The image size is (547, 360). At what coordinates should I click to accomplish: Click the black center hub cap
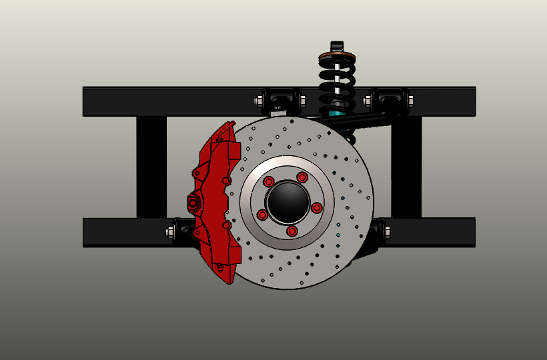pyautogui.click(x=288, y=201)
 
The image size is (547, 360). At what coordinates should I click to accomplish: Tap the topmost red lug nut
pyautogui.click(x=302, y=177)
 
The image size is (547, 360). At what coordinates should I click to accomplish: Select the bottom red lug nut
pyautogui.click(x=292, y=231)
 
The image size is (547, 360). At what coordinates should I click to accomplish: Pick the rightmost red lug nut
pyautogui.click(x=317, y=208)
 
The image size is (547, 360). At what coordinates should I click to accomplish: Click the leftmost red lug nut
pyautogui.click(x=262, y=215)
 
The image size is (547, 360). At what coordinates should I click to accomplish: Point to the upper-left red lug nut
pyautogui.click(x=269, y=182)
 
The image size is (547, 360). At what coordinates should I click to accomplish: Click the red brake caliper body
pyautogui.click(x=217, y=200)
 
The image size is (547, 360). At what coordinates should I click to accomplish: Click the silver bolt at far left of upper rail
pyautogui.click(x=259, y=101)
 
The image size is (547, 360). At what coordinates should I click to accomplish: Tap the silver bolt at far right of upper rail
pyautogui.click(x=409, y=101)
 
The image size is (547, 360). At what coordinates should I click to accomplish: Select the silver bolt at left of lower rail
pyautogui.click(x=169, y=232)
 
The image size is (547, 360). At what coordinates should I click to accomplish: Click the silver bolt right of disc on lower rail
pyautogui.click(x=387, y=232)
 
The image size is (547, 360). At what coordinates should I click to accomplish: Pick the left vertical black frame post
pyautogui.click(x=151, y=167)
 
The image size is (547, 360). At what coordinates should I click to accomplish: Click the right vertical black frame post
pyautogui.click(x=406, y=167)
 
